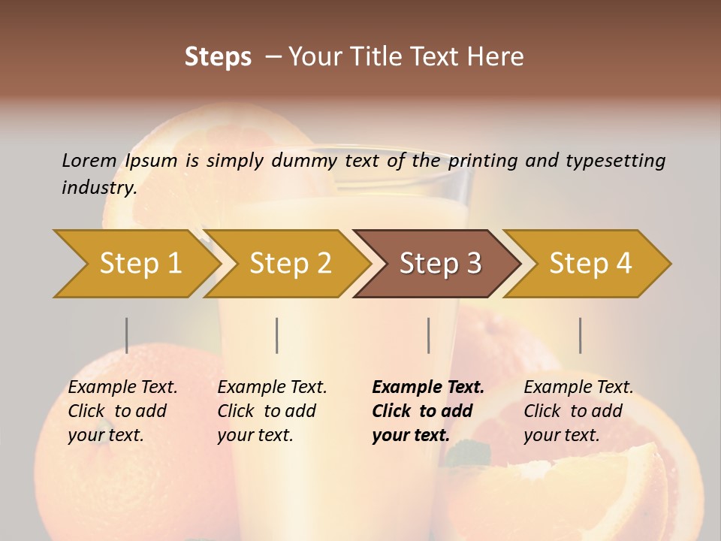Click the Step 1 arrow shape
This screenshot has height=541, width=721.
139,263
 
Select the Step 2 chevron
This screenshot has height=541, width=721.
290,263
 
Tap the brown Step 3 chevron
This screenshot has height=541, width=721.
439,263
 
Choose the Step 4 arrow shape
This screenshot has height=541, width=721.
590,263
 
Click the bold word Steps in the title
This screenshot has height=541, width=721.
218,57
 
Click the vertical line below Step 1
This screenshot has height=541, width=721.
127,335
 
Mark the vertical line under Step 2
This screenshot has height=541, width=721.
277,335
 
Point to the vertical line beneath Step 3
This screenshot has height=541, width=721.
428,335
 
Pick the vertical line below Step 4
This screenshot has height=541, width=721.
580,335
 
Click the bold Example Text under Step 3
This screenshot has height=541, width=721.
428,388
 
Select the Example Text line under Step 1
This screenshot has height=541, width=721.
122,388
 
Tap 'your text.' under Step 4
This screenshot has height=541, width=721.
561,435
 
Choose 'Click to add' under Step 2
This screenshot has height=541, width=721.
267,411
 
